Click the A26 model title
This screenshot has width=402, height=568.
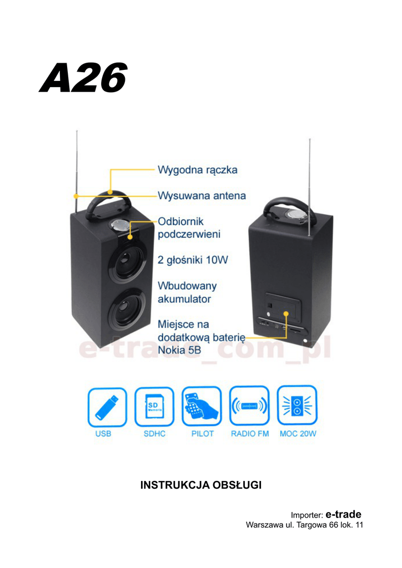(83, 78)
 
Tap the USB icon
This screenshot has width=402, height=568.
(107, 407)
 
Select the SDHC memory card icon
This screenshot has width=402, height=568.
(154, 407)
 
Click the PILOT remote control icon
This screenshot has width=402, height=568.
(202, 406)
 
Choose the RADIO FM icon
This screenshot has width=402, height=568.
(249, 406)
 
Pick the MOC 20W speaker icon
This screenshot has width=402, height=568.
(297, 406)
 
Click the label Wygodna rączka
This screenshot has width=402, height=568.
(197, 169)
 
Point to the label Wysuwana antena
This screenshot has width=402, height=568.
(202, 196)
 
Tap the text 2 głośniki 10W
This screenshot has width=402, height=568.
(193, 260)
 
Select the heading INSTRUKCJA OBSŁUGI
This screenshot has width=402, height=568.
(201, 485)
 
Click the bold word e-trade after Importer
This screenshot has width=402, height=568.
(343, 514)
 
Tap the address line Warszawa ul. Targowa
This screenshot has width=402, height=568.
(304, 525)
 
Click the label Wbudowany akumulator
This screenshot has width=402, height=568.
(187, 292)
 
